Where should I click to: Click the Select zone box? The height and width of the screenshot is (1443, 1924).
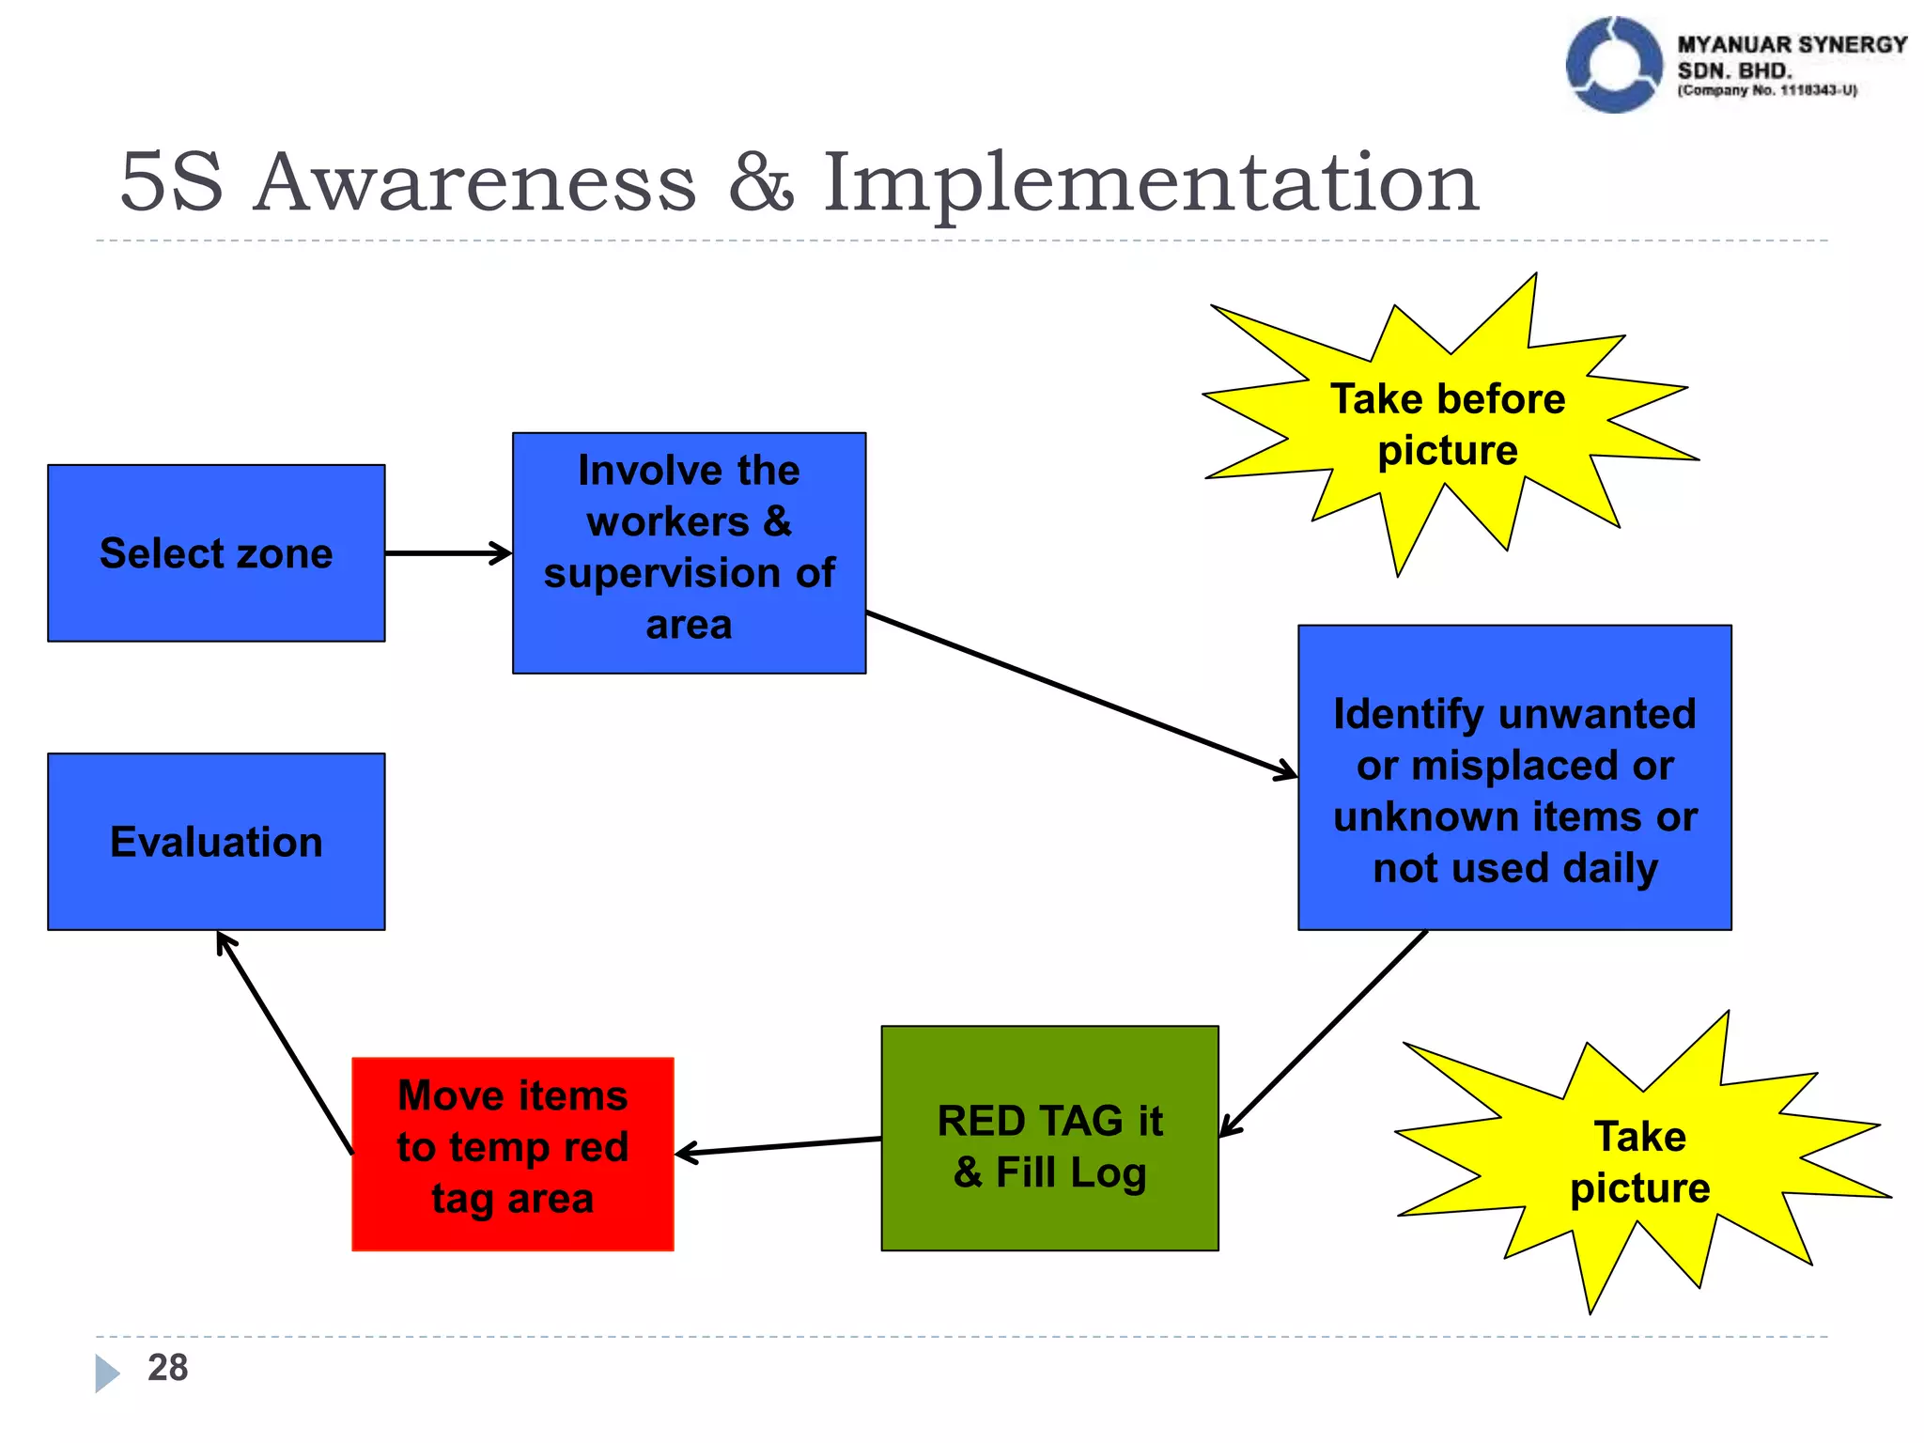pyautogui.click(x=216, y=553)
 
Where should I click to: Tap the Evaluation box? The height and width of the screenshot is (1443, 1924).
pyautogui.click(x=216, y=842)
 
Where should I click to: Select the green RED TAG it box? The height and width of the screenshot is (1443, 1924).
pyautogui.click(x=1049, y=1139)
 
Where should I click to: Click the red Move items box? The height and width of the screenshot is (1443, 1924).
pyautogui.click(x=513, y=1154)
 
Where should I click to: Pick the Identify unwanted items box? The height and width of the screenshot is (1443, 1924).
pyautogui.click(x=1514, y=778)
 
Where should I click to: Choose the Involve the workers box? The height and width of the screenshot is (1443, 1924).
pyautogui.click(x=689, y=552)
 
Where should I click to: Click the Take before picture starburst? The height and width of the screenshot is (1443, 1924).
pyautogui.click(x=1448, y=425)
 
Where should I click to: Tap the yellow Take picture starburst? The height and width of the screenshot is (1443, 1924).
pyautogui.click(x=1639, y=1163)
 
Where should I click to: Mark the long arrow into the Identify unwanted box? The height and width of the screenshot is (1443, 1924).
pyautogui.click(x=1080, y=695)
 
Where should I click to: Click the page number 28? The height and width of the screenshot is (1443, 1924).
pyautogui.click(x=167, y=1368)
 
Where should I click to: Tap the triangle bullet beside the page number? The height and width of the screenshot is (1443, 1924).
pyautogui.click(x=106, y=1373)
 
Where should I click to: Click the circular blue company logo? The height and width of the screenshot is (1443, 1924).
pyautogui.click(x=1613, y=65)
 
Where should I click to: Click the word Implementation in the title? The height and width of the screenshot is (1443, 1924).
pyautogui.click(x=1151, y=182)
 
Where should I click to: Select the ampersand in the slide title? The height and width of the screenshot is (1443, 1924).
pyautogui.click(x=760, y=182)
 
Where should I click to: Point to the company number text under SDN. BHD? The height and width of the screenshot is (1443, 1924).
pyautogui.click(x=1766, y=91)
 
